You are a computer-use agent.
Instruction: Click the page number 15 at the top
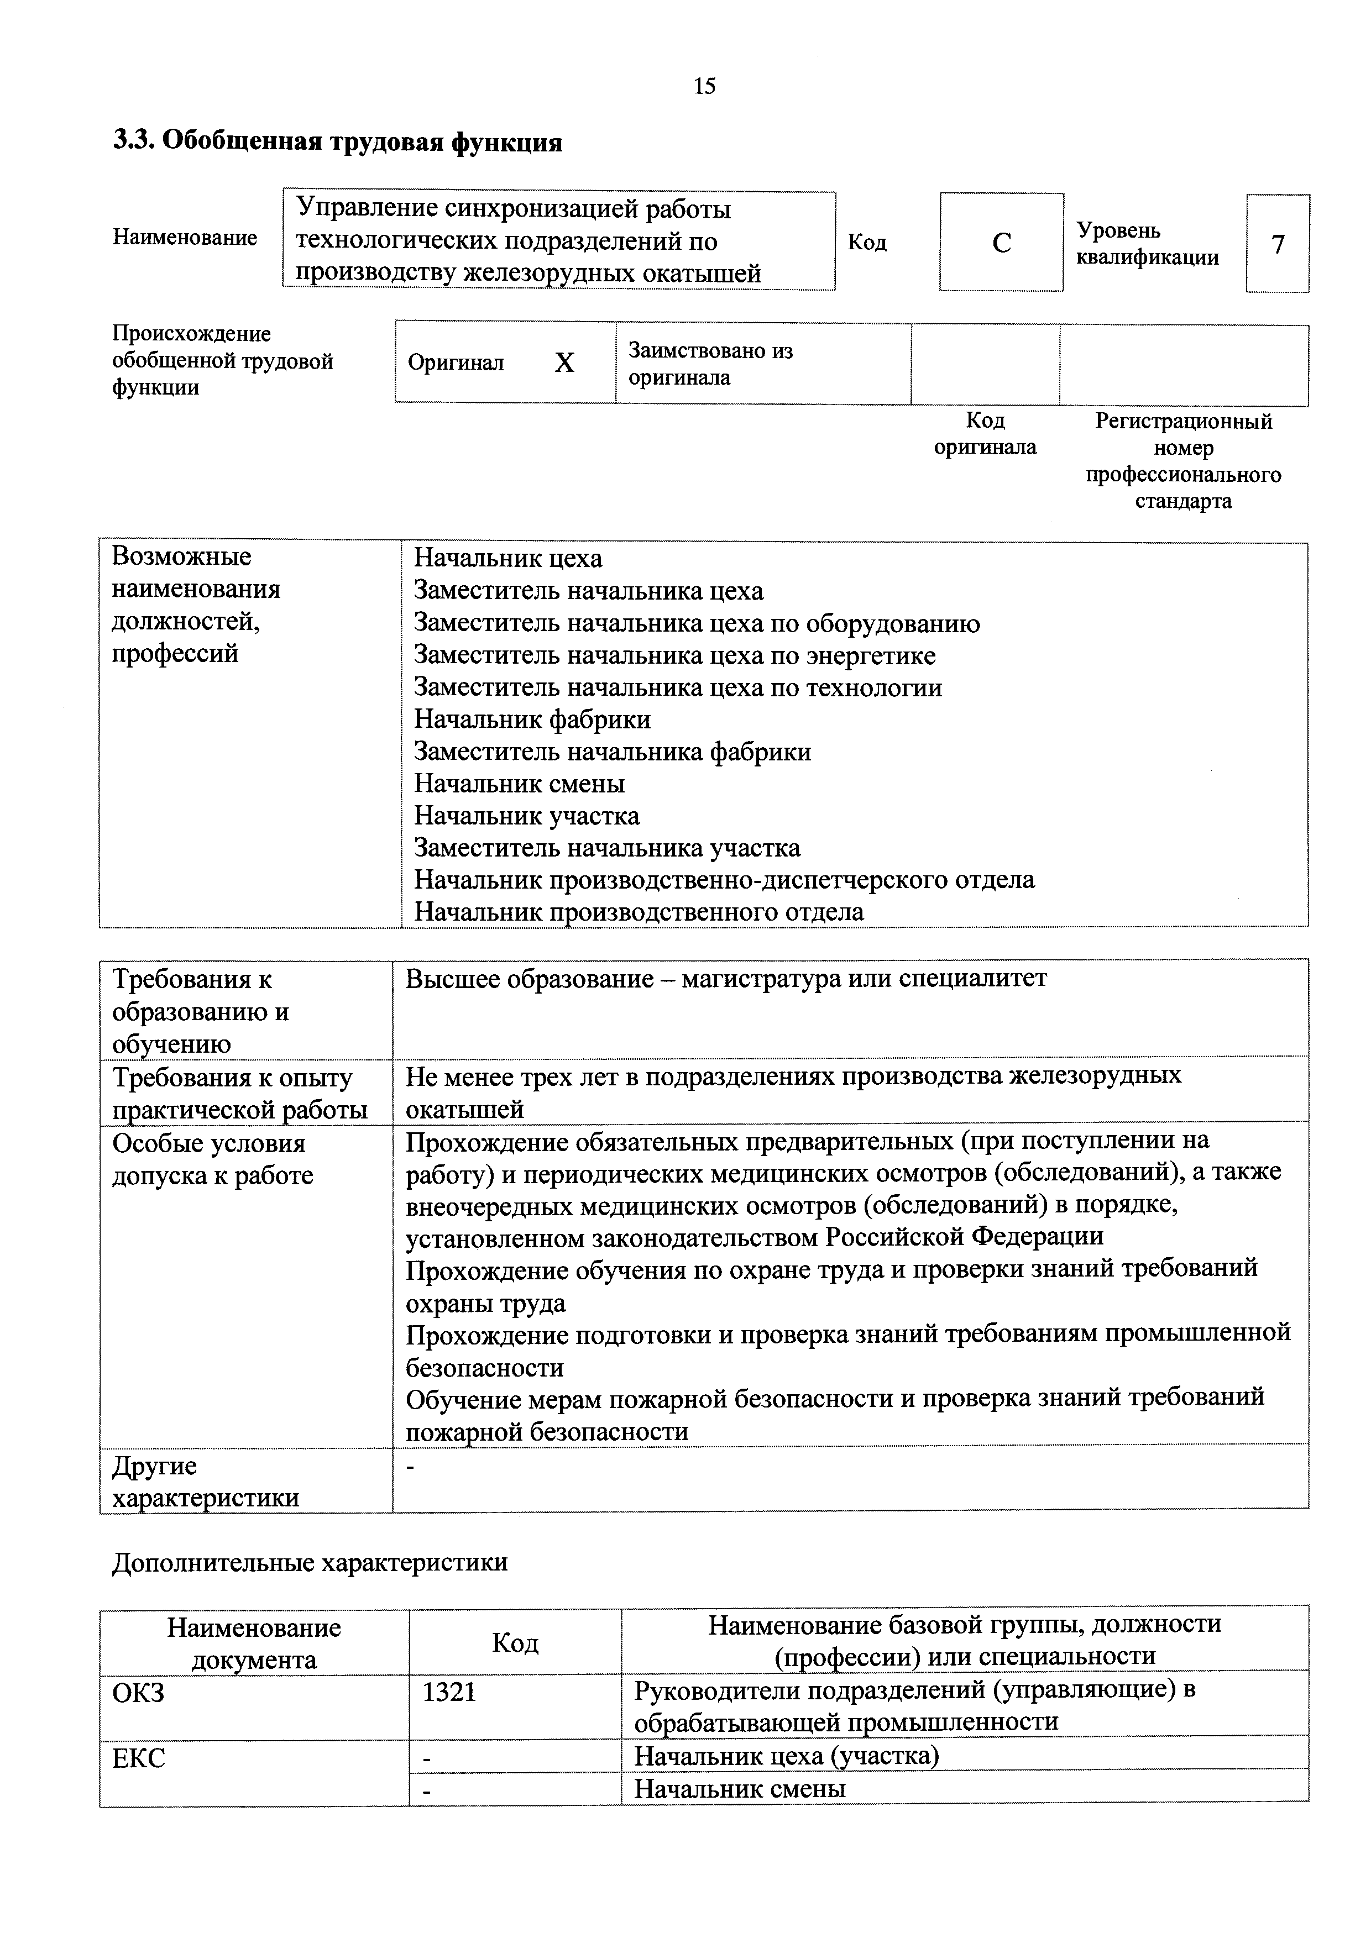(704, 86)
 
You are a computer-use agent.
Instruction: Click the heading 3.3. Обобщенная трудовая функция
(338, 142)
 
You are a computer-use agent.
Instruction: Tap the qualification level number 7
(1277, 244)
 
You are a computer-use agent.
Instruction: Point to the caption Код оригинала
(985, 433)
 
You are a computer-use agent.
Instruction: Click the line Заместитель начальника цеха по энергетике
(674, 656)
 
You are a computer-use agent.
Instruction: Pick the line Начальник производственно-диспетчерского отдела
(724, 880)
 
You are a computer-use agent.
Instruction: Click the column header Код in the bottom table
(515, 1642)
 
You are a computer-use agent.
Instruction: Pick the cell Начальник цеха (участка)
(786, 1757)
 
